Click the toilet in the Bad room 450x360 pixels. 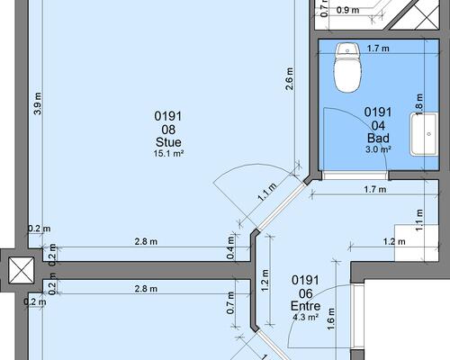coord(347,67)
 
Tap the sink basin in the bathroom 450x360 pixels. coord(424,134)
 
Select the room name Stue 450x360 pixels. coord(168,142)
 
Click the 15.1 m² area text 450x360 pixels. coord(168,154)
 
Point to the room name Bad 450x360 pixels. coord(378,138)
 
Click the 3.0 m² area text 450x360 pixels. coord(378,149)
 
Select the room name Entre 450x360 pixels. coord(305,306)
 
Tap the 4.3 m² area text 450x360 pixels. coord(305,317)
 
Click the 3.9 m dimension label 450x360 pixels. coord(38,103)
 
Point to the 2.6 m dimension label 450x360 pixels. coord(290,79)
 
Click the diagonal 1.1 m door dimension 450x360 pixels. coord(267,192)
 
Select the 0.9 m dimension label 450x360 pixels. coord(347,10)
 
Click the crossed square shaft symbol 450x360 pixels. coord(21,270)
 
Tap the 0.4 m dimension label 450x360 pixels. coord(230,247)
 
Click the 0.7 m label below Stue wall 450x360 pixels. coord(230,303)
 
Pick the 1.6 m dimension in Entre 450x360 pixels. coord(331,319)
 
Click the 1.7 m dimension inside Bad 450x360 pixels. coord(378,48)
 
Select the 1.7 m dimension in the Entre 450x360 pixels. coord(375,190)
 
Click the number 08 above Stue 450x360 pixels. coord(168,130)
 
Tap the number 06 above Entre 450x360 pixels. coord(305,293)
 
